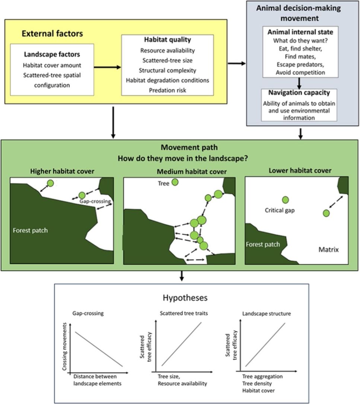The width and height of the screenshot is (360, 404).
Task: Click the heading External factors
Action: (x=52, y=34)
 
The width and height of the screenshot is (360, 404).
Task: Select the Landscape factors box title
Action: (x=52, y=54)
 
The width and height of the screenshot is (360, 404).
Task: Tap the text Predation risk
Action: (x=167, y=90)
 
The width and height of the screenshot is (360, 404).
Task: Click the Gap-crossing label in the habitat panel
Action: (x=96, y=201)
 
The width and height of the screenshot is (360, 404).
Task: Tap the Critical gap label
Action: (x=280, y=210)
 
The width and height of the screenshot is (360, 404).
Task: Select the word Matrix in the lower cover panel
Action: (x=328, y=249)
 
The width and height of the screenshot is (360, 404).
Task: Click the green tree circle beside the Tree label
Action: (x=174, y=182)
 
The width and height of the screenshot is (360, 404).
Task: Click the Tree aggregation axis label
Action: (x=262, y=376)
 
